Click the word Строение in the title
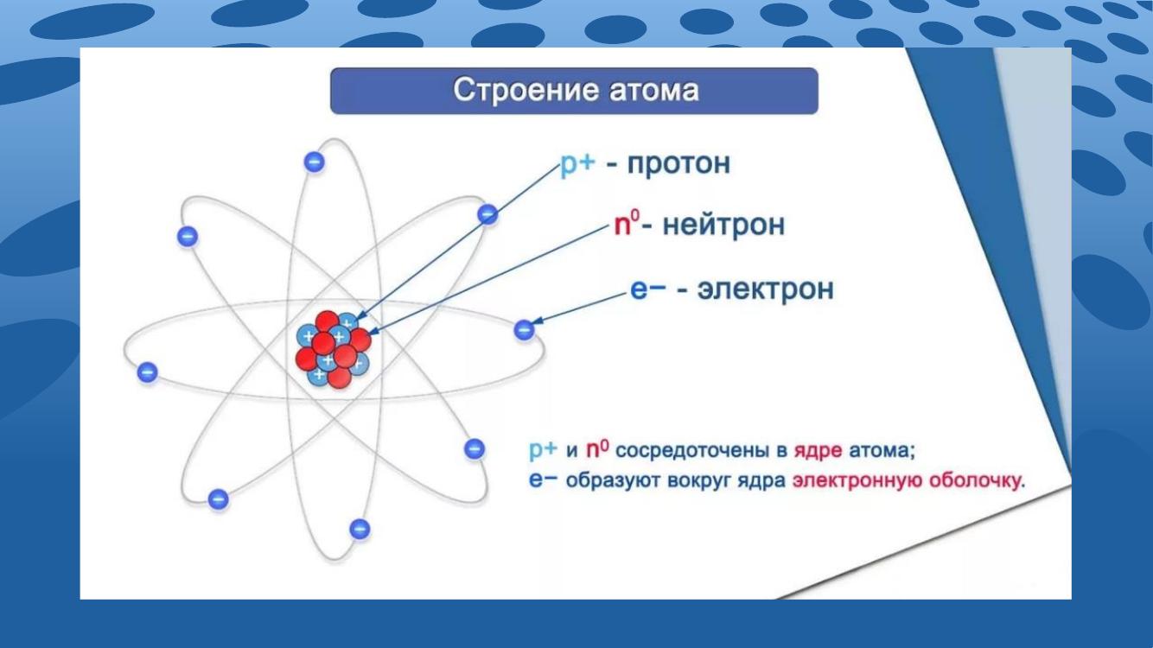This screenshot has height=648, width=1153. (x=526, y=91)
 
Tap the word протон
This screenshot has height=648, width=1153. (x=678, y=164)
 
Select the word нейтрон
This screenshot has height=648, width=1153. (x=723, y=226)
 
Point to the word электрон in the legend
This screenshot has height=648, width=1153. (x=766, y=289)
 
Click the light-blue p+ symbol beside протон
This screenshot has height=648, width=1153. (x=577, y=164)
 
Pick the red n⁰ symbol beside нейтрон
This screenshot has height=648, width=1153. (x=627, y=224)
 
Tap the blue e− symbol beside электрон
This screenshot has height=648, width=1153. (x=648, y=289)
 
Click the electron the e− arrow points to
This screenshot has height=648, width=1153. (x=524, y=330)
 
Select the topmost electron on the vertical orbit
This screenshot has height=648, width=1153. (x=315, y=162)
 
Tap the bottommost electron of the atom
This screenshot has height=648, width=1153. (x=360, y=529)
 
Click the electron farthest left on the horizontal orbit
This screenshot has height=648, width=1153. (x=147, y=372)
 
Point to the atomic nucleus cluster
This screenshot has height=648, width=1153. (x=333, y=349)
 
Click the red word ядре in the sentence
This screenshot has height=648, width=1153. (x=819, y=451)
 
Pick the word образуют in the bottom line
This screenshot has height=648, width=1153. (x=613, y=480)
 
